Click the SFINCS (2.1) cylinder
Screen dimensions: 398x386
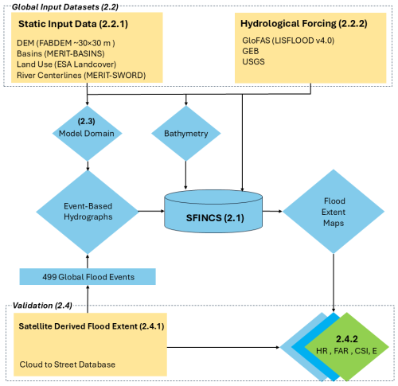click(x=213, y=212)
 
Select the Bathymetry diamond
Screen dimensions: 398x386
click(x=185, y=133)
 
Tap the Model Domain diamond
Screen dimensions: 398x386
click(x=87, y=133)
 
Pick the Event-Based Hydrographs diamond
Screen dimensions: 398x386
click(x=88, y=212)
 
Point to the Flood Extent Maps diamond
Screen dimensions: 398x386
click(x=334, y=212)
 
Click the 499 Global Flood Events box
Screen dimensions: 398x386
click(x=88, y=277)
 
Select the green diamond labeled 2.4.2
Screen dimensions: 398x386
click(x=346, y=346)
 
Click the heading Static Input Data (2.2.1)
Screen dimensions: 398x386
click(x=73, y=24)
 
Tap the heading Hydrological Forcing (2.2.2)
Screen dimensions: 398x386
click(x=304, y=24)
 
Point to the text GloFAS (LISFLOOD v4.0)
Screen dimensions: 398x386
click(x=288, y=41)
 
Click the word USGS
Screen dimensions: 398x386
click(x=253, y=61)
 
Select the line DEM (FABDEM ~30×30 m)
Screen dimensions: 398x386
click(x=66, y=43)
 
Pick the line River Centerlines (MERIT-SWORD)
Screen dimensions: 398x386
click(x=81, y=76)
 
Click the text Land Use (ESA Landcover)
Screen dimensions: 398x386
click(x=66, y=64)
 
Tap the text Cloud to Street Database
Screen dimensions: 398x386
click(x=68, y=365)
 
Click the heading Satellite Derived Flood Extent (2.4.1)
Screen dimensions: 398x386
click(x=92, y=326)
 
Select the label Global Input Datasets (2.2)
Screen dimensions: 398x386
click(x=65, y=7)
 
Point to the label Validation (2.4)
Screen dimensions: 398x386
click(x=42, y=306)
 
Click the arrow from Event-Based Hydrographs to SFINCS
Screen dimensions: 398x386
click(x=151, y=211)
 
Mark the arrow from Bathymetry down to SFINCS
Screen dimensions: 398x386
click(x=185, y=175)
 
